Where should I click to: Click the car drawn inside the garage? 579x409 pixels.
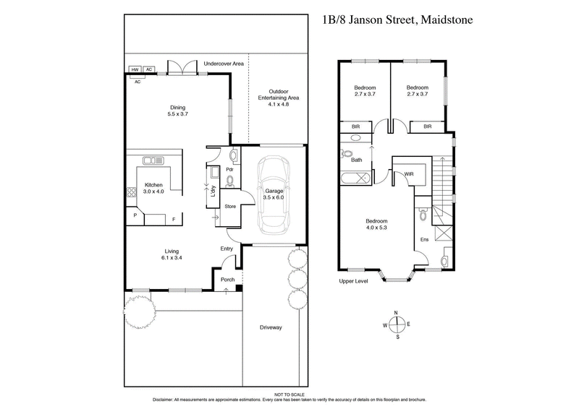pyautogui.click(x=274, y=197)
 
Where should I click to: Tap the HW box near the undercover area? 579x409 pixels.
pyautogui.click(x=135, y=69)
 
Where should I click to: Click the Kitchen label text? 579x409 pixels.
pyautogui.click(x=153, y=188)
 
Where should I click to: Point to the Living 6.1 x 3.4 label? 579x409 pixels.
pyautogui.click(x=172, y=255)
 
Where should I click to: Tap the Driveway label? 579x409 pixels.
pyautogui.click(x=271, y=327)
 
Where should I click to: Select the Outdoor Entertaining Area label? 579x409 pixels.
pyautogui.click(x=279, y=100)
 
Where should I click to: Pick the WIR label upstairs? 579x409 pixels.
pyautogui.click(x=409, y=174)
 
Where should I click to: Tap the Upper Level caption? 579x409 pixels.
pyautogui.click(x=354, y=281)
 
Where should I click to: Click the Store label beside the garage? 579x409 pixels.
pyautogui.click(x=230, y=207)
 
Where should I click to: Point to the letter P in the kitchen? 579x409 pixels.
pyautogui.click(x=134, y=215)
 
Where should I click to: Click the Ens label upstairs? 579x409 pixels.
pyautogui.click(x=425, y=238)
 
